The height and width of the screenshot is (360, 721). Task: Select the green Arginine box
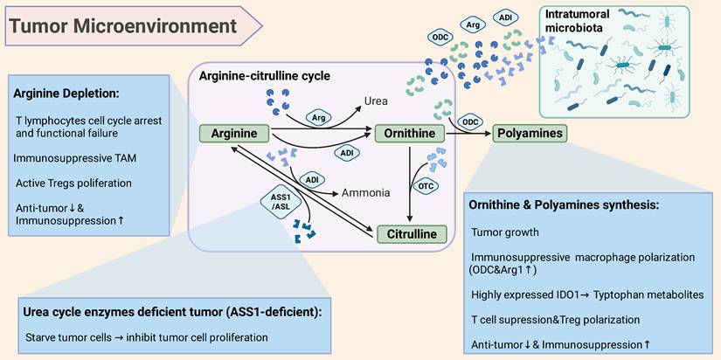234,134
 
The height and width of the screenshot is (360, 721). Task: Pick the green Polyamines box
529,134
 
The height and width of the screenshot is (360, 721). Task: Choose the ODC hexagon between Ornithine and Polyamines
470,121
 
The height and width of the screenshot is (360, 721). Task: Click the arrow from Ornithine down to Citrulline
411,183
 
